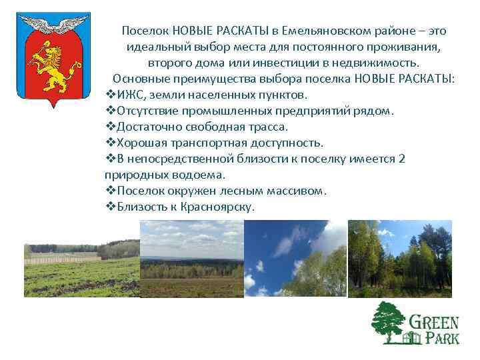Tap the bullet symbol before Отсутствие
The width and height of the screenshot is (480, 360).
click(x=110, y=111)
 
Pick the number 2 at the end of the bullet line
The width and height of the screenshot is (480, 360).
click(x=401, y=159)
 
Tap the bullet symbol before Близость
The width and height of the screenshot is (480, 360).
click(x=110, y=207)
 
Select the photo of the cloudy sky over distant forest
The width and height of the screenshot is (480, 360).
click(x=192, y=259)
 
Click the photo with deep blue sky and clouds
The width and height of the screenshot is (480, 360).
click(x=295, y=259)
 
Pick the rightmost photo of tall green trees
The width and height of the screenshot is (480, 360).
click(x=400, y=259)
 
